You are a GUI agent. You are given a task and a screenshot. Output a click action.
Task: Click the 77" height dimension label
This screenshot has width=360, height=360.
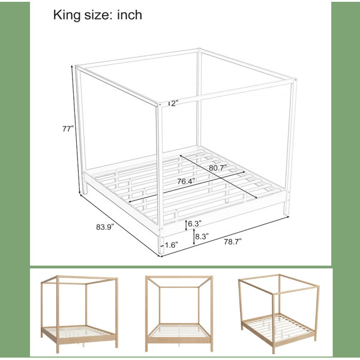(x=68, y=129)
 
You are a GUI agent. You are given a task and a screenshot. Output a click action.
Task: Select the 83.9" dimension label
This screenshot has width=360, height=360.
(x=105, y=227)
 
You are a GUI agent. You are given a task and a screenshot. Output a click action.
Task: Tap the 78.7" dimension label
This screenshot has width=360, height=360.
(x=233, y=242)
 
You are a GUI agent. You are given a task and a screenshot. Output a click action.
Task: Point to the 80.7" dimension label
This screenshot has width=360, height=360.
(x=218, y=168)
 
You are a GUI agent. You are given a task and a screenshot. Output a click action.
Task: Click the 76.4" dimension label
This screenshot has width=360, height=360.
(x=186, y=181)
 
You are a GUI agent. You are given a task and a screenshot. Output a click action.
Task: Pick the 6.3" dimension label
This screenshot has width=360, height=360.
(x=194, y=223)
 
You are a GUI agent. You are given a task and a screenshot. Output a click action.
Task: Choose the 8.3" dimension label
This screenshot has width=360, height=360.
(x=202, y=236)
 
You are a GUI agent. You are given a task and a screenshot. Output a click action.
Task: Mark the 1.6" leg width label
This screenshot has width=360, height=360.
(x=172, y=245)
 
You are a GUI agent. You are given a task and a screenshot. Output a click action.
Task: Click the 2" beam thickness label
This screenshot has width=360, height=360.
(x=175, y=104)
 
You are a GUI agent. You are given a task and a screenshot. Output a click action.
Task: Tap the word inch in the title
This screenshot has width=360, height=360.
(x=130, y=15)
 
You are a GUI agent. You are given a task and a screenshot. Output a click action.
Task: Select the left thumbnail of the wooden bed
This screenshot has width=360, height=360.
(x=79, y=314)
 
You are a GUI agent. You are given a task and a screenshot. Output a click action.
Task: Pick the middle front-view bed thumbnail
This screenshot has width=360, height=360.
(x=179, y=314)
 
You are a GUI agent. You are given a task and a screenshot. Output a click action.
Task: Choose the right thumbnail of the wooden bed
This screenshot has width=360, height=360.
(x=279, y=314)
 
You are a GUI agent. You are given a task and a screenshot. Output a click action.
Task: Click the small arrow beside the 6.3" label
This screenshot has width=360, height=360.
(x=186, y=225)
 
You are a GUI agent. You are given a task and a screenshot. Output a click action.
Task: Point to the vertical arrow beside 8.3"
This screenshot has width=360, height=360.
(x=194, y=237)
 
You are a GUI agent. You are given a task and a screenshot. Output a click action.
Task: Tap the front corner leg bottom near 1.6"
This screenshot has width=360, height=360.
(x=161, y=253)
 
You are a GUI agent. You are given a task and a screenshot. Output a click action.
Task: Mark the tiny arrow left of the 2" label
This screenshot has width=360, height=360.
(x=169, y=104)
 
